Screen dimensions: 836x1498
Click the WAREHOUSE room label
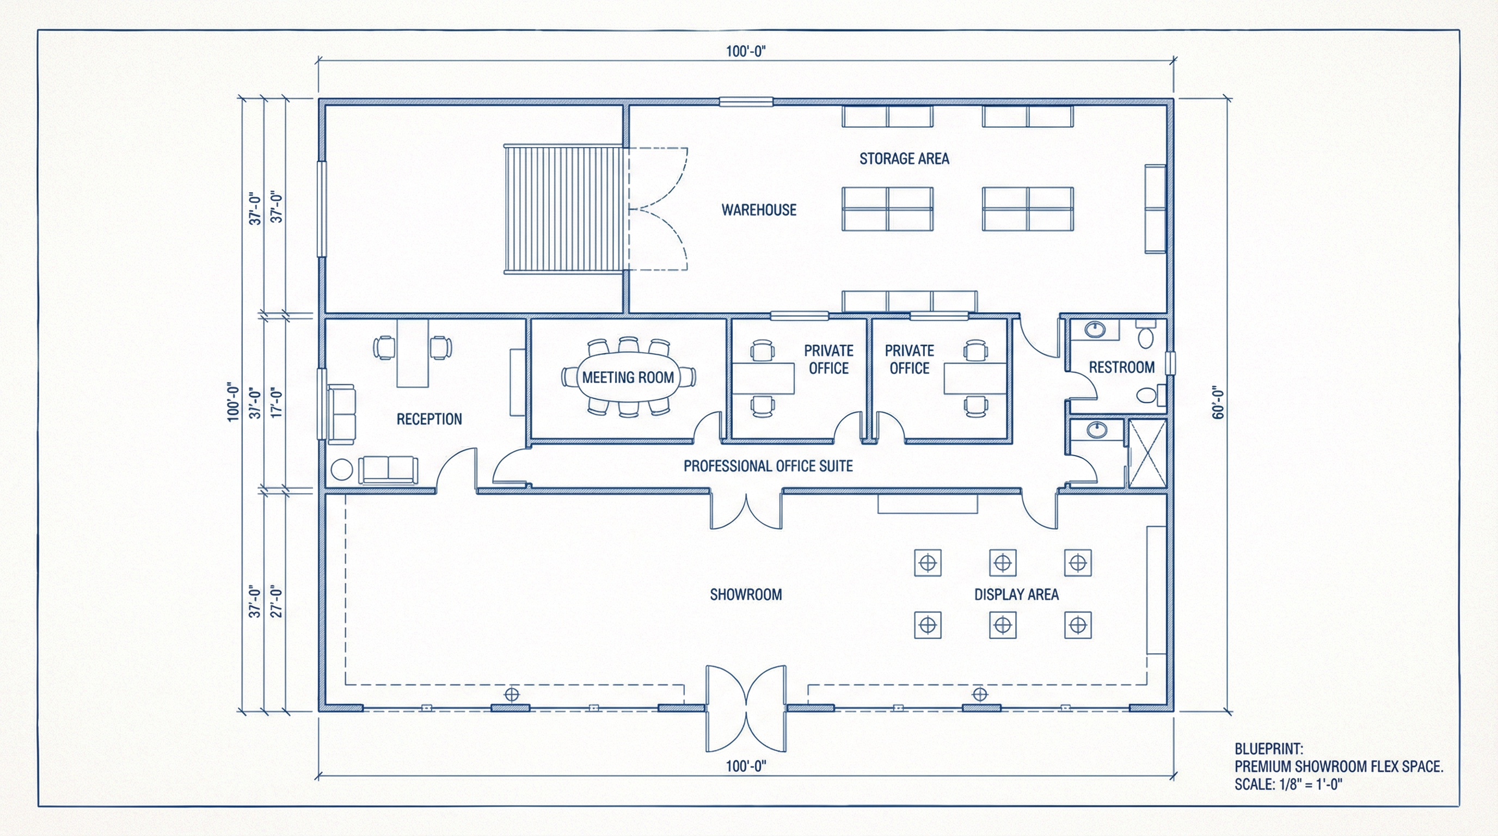click(759, 210)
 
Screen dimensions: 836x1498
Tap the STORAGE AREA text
click(904, 159)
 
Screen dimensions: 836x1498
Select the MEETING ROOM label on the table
click(628, 377)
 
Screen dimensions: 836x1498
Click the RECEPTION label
click(429, 419)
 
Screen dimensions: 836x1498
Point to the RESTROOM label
click(1121, 367)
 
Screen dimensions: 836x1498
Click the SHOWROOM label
click(746, 595)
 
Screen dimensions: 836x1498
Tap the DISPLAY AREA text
click(1016, 595)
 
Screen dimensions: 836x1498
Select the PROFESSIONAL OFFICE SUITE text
click(768, 466)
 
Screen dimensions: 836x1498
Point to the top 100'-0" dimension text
click(746, 51)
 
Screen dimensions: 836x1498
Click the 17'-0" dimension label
click(277, 403)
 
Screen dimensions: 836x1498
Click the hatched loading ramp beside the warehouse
click(563, 210)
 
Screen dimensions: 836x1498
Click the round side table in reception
click(341, 470)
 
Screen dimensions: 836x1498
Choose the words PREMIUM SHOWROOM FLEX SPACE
click(1339, 766)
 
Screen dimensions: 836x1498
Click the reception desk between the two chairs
click(412, 353)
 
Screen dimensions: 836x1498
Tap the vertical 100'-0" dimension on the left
click(232, 402)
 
